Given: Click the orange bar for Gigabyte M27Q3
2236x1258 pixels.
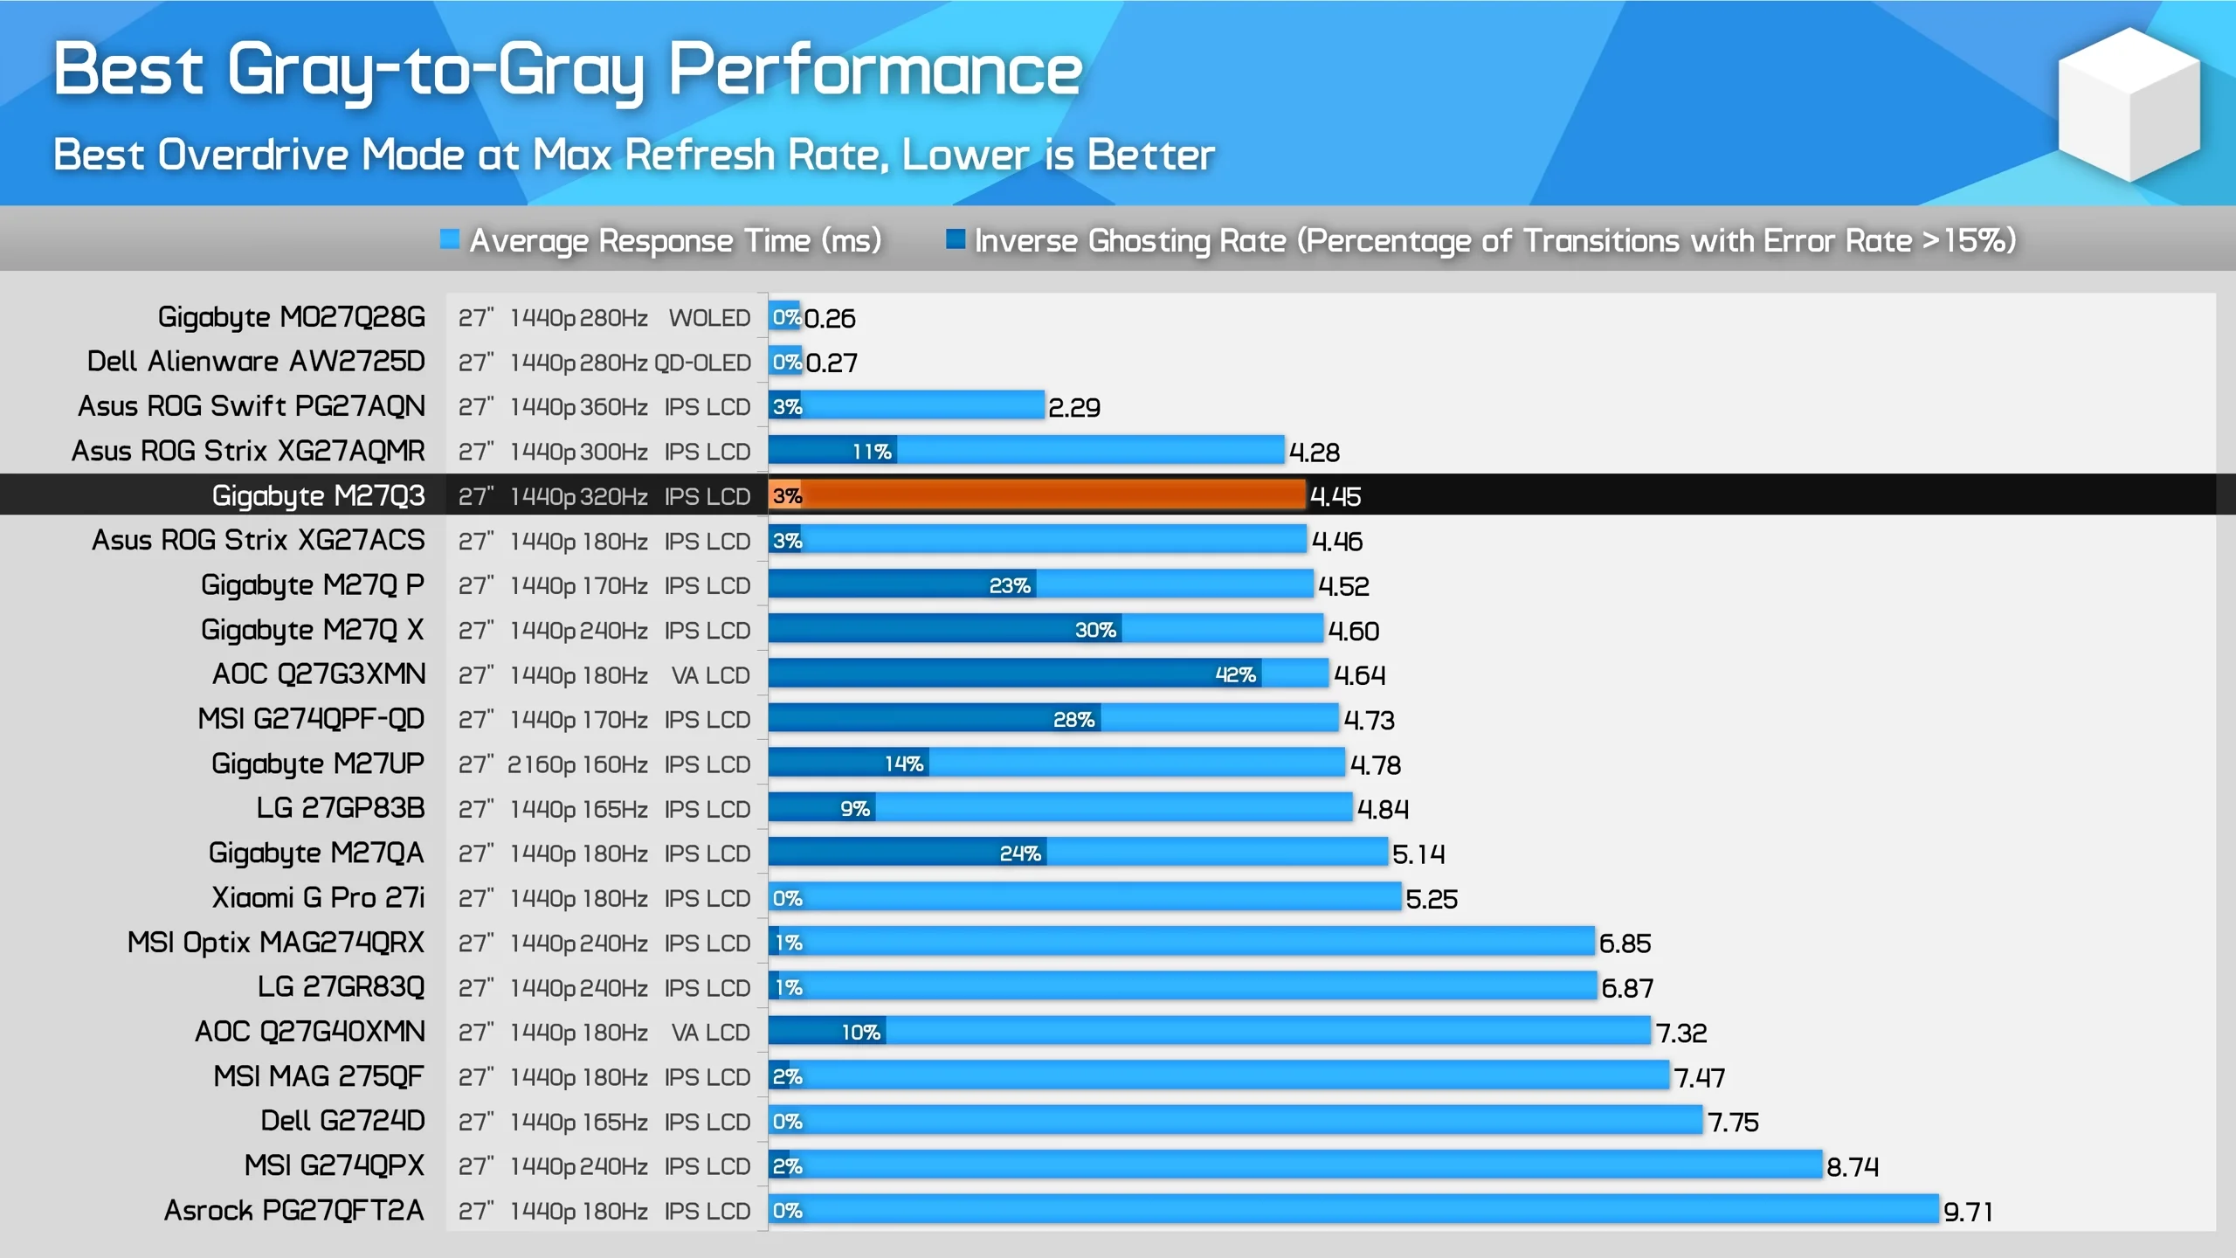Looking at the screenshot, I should (1048, 495).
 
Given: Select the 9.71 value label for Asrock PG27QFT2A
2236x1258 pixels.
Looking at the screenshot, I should (1967, 1212).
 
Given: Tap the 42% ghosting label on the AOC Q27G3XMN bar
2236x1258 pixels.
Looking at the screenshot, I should (1235, 674).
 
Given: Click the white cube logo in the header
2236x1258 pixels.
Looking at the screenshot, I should (2129, 105).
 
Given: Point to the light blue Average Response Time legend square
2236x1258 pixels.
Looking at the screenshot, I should (450, 239).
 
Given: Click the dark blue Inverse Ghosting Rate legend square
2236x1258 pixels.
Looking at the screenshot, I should (956, 239).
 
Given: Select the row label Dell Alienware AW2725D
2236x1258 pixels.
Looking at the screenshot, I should (256, 361).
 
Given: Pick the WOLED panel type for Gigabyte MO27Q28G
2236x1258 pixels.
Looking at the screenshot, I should (709, 318).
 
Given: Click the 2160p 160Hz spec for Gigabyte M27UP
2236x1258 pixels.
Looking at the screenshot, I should (577, 764).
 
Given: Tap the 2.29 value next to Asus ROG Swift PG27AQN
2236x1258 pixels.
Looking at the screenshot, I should (1073, 407).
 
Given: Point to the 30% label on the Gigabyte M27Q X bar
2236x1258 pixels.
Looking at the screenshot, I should (1095, 630).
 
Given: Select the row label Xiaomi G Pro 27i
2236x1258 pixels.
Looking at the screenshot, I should (318, 897).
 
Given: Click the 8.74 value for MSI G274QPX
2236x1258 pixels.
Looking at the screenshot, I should (1852, 1167).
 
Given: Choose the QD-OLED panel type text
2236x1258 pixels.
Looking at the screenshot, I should (702, 363).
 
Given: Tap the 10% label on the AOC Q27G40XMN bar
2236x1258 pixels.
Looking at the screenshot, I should (860, 1032).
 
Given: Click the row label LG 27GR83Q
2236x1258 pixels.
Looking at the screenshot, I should (341, 986).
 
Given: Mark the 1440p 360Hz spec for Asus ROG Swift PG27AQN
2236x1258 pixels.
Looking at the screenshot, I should (578, 407).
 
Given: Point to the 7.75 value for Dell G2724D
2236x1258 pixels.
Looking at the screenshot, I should (1733, 1122).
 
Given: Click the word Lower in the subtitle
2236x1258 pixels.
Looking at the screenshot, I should (965, 156).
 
